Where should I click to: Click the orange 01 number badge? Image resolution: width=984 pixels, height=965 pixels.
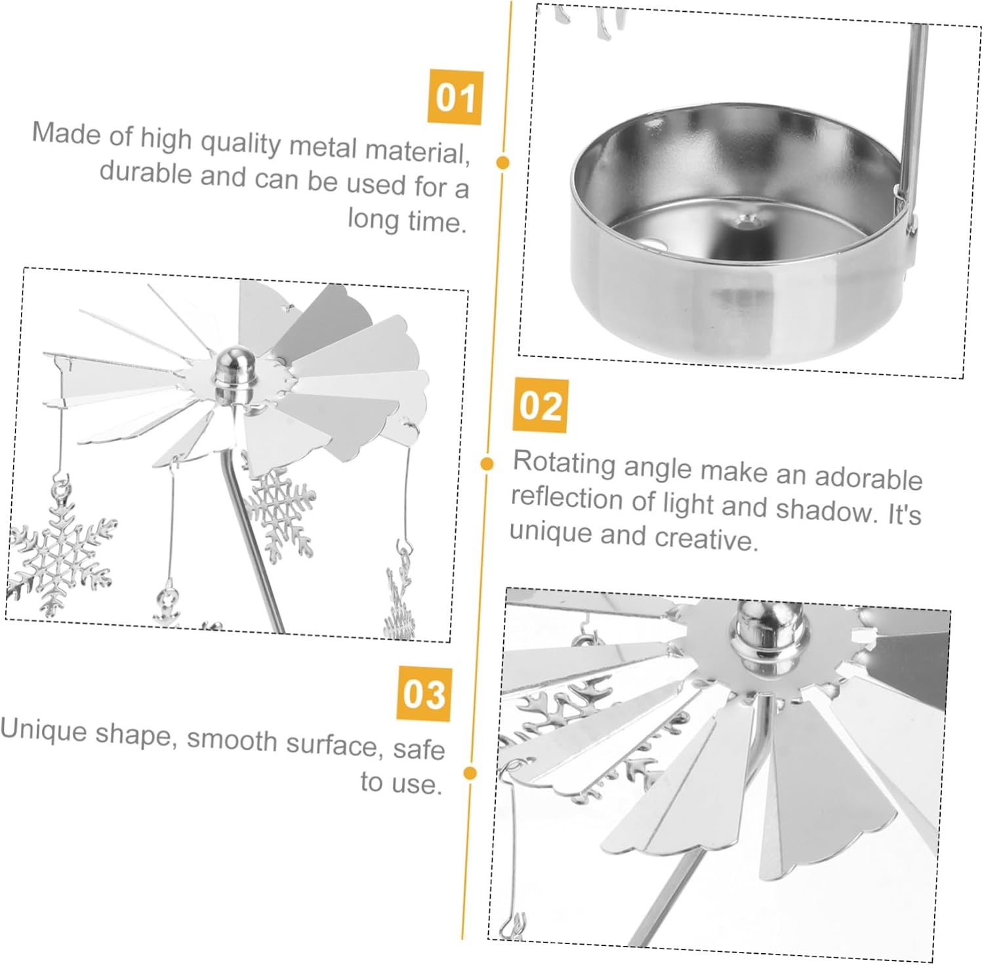click(455, 97)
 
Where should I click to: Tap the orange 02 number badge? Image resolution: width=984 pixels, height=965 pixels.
click(541, 406)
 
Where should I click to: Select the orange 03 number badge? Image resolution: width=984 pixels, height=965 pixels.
click(424, 694)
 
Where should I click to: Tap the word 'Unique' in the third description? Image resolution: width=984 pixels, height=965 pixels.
click(43, 729)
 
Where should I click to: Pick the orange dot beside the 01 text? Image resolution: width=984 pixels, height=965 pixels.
click(503, 162)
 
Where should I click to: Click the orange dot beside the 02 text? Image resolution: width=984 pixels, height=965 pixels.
click(487, 464)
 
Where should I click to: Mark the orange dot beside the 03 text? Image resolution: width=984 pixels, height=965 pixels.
click(470, 773)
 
